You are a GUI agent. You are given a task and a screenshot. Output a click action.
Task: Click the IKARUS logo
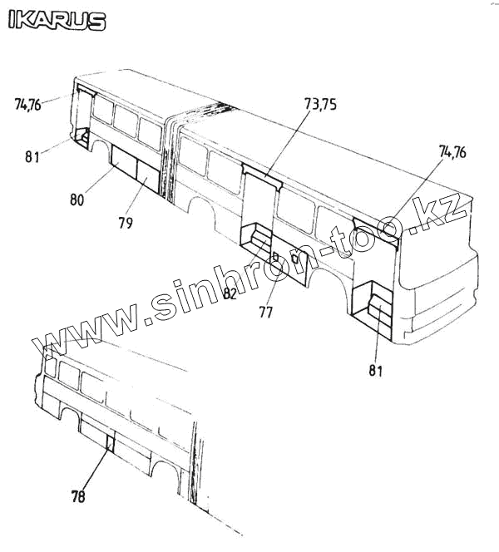[57, 20]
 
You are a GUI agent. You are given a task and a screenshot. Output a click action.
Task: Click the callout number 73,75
[325, 105]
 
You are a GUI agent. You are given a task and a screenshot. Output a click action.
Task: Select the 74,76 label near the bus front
[452, 151]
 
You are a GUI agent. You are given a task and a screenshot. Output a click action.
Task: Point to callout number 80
[77, 200]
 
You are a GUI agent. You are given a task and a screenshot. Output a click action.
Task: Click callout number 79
[126, 223]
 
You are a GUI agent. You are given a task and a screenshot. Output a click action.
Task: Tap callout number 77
[265, 313]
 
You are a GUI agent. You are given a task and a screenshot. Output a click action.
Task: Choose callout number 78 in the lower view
[77, 497]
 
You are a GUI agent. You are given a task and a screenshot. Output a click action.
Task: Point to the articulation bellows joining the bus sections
[170, 158]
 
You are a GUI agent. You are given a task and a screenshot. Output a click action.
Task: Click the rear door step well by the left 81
[83, 138]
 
